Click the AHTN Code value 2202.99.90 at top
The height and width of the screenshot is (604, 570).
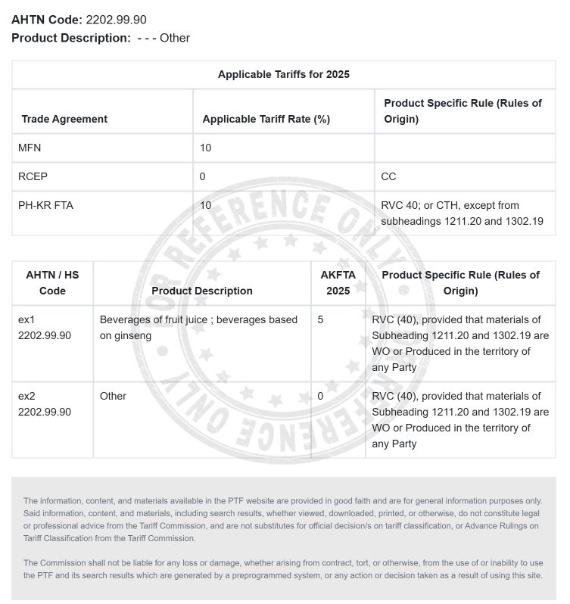[x=116, y=20]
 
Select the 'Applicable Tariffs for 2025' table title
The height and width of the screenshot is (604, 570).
[x=283, y=74]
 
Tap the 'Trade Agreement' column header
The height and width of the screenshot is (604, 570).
[x=64, y=119]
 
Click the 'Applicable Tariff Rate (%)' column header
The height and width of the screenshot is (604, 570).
[x=266, y=119]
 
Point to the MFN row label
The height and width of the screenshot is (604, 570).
[x=30, y=148]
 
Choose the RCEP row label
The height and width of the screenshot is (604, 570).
[x=33, y=176]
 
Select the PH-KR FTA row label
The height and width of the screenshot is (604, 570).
[x=45, y=205]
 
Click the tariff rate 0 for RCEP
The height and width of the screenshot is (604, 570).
[x=203, y=176]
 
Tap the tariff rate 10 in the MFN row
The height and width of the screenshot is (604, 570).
[x=206, y=148]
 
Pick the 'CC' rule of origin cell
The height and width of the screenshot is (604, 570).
[x=388, y=176]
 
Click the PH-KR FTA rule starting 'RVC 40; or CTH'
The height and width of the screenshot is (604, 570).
[x=462, y=213]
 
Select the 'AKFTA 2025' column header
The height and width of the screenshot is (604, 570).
[x=338, y=282]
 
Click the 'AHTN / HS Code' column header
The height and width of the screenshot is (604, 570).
[x=52, y=282]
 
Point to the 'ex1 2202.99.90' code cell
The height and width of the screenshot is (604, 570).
[x=44, y=328]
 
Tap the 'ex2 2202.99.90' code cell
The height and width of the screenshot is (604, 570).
[x=44, y=404]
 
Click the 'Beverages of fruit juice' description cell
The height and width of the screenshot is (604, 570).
[x=198, y=328]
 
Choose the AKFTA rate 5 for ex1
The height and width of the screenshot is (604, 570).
[x=321, y=319]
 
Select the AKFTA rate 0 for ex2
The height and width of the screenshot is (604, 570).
[x=321, y=396]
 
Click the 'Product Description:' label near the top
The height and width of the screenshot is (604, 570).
[x=71, y=38]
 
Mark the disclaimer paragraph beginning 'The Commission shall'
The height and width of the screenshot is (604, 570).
[x=283, y=568]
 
